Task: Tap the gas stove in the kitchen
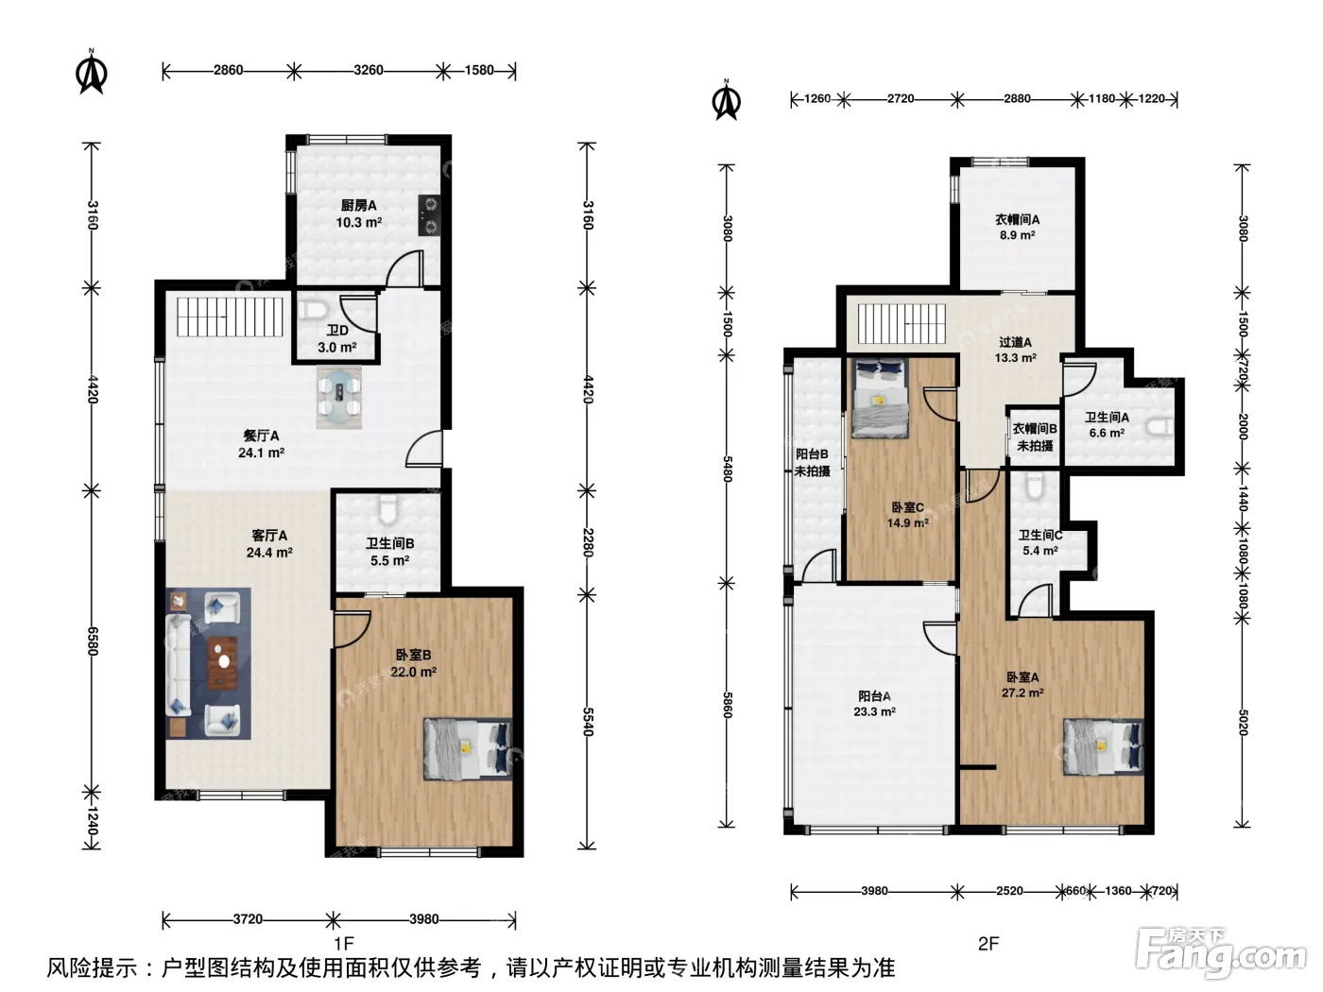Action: point(429,215)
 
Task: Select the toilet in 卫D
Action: point(314,310)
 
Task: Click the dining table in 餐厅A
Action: point(339,397)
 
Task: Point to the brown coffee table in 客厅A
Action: point(222,663)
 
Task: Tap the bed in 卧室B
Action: point(468,748)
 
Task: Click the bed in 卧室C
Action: point(880,398)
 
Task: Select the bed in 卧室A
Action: point(1103,746)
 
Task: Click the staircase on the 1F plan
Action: point(230,316)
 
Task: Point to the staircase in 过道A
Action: point(902,323)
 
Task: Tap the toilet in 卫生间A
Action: point(1160,427)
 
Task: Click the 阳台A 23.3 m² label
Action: point(874,704)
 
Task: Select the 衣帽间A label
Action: point(1018,219)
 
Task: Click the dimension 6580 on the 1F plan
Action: point(92,641)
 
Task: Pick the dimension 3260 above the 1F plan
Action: point(369,70)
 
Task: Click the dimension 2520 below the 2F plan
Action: point(1009,890)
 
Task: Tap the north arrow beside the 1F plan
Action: point(92,73)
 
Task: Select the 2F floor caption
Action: point(988,943)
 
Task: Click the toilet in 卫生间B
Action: point(388,509)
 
